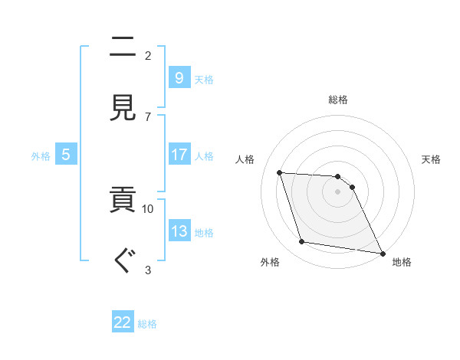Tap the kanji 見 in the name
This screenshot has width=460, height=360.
pos(123,107)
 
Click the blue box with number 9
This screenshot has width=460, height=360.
pos(179,77)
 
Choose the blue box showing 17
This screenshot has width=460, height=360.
pos(179,155)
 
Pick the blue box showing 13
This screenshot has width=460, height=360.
pos(179,231)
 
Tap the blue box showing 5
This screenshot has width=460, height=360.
pos(66,155)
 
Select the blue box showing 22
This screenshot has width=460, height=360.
pos(123,322)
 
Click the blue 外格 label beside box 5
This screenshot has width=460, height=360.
pos(41,155)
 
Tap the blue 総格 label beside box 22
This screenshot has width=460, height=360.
pos(147,323)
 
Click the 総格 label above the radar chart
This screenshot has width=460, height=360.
pos(338,100)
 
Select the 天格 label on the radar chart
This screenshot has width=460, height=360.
pos(432,159)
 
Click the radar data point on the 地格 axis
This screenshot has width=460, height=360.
pos(381,252)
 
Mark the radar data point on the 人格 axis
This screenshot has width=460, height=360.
pos(280,172)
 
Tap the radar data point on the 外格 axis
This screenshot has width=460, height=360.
pos(302,242)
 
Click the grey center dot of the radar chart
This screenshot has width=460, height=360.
pos(338,191)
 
